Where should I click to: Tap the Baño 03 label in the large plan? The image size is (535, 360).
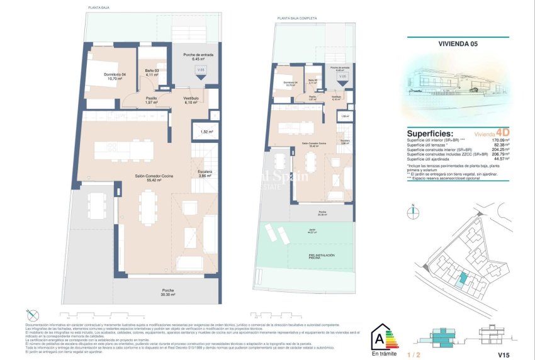[x=150, y=72]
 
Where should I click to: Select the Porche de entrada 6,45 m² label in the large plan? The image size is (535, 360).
[x=198, y=57]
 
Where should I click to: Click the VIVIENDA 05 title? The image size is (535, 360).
[x=456, y=44]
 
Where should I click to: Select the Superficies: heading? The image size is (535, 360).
[x=430, y=133]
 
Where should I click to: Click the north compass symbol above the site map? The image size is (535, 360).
[x=413, y=212]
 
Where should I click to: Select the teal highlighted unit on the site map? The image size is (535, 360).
[x=463, y=279]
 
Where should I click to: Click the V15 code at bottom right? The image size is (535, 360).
[x=503, y=354]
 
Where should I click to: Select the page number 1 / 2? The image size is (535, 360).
[x=413, y=354]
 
